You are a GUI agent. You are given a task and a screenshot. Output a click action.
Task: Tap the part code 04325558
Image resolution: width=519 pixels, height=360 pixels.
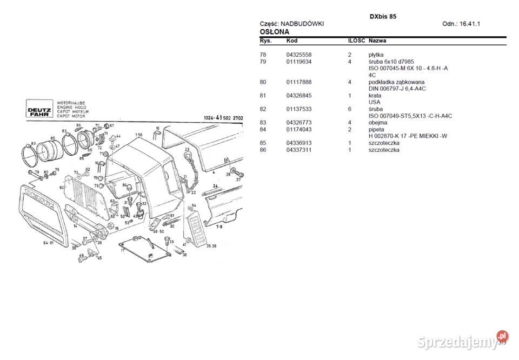pos(298,55)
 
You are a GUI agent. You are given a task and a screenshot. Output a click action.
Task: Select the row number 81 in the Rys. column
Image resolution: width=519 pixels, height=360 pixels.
pos(263,96)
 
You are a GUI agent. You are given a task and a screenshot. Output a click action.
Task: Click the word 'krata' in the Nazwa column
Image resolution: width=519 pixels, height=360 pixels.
pos(375,96)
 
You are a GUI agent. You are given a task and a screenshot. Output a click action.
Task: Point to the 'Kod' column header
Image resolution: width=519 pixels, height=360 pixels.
pos(291,41)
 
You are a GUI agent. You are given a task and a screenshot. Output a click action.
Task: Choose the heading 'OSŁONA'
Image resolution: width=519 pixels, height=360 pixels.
pos(274,32)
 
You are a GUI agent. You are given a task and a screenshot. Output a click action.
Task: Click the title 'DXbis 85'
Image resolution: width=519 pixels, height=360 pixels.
pos(383,17)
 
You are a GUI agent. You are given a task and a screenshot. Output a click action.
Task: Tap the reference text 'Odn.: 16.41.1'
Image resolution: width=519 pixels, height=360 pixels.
pos(461,24)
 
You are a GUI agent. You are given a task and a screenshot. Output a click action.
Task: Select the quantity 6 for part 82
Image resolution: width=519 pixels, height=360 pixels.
pos(350,109)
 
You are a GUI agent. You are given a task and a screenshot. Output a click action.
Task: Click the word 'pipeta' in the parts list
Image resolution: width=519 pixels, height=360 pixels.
pos(376,130)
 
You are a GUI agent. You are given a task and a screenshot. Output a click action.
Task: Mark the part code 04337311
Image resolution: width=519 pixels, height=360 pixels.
pos(298,150)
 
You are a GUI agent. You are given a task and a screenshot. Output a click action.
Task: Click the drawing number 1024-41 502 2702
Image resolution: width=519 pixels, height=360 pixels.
pos(223,118)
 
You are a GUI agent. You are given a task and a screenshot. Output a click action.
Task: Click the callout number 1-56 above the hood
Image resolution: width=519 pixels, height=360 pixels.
pos(139,135)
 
